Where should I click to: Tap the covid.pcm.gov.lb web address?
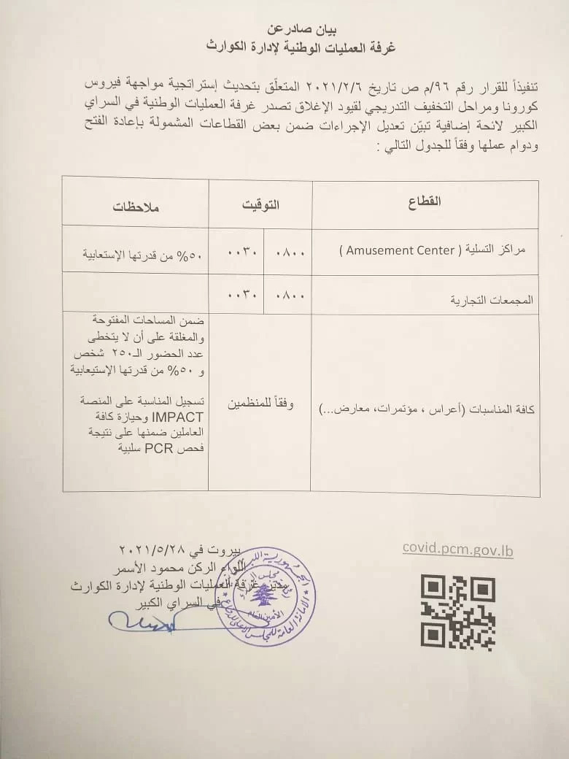point(457,550)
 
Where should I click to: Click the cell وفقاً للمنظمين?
point(259,404)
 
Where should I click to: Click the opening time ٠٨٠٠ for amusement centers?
point(289,253)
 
